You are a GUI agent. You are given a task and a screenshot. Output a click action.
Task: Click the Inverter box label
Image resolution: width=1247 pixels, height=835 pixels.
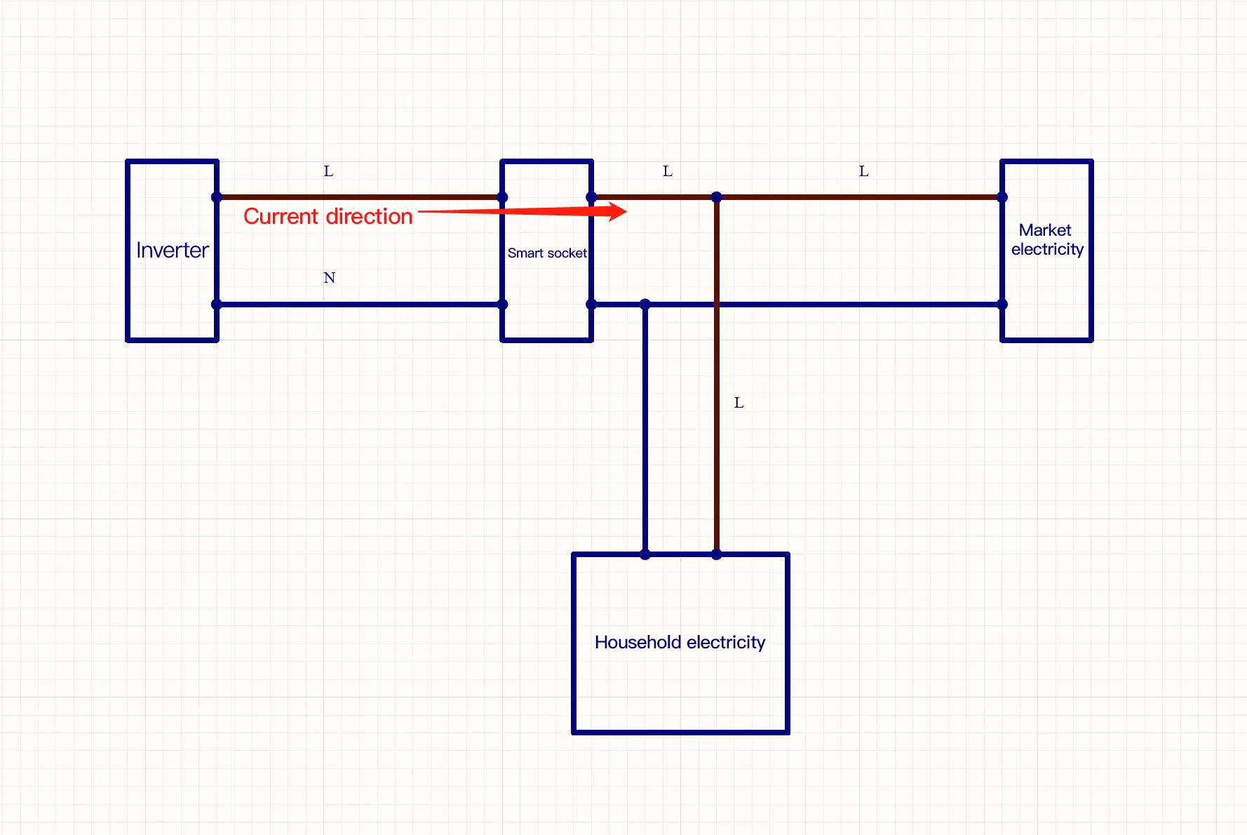(173, 250)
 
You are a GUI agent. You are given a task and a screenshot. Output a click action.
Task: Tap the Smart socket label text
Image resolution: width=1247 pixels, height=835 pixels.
(547, 253)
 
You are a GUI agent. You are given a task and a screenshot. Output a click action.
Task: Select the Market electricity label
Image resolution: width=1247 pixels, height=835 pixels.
(1046, 240)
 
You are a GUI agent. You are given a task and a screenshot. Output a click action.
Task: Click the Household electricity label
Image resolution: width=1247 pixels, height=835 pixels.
(680, 642)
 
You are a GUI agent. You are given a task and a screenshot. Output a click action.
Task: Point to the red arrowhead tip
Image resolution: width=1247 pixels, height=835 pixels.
(626, 211)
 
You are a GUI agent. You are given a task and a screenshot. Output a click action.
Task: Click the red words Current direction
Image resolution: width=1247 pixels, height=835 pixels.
(328, 216)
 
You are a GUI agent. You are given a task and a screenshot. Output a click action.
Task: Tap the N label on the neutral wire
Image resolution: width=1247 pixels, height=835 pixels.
(329, 278)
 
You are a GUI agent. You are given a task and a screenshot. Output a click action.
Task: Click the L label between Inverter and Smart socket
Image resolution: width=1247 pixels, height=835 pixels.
(328, 171)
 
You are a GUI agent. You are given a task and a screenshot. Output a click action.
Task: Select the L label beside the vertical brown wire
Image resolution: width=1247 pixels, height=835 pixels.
(739, 403)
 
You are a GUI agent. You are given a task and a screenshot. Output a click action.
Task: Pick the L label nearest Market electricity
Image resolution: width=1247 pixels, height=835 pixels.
(863, 171)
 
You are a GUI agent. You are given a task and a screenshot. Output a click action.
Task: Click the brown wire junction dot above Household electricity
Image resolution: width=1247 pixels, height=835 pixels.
(716, 197)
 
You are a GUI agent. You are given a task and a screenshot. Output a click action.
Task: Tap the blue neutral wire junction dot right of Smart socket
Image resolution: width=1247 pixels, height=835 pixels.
(645, 304)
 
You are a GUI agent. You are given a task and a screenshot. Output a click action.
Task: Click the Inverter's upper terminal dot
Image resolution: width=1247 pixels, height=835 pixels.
(217, 197)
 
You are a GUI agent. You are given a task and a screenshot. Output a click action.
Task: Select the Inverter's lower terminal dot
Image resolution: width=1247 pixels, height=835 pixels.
(217, 305)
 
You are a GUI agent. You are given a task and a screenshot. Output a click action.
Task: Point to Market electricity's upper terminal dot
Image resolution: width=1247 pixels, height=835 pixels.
(1002, 197)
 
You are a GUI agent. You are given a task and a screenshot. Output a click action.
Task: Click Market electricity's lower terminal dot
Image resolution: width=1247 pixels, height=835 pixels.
(1002, 305)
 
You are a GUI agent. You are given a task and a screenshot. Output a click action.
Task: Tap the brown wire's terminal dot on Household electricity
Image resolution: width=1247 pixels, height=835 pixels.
(716, 554)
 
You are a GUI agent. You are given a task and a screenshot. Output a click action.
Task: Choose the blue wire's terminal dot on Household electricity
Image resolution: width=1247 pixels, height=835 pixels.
(645, 554)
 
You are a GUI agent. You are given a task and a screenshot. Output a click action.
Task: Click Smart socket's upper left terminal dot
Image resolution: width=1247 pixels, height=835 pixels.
(502, 197)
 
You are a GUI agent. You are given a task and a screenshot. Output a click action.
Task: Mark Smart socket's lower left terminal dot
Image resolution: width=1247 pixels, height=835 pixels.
(502, 305)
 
